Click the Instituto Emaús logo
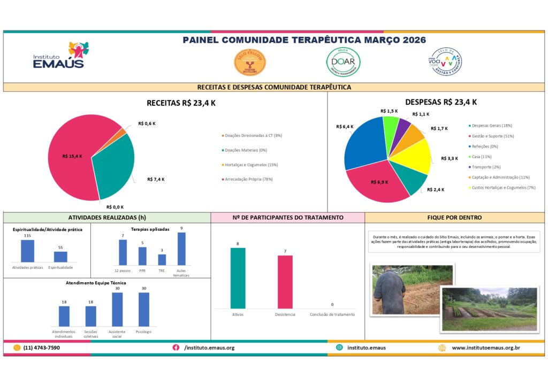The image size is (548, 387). click(59, 56)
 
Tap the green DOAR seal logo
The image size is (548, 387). click(343, 62)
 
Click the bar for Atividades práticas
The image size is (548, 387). click(27, 251)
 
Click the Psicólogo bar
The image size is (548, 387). click(144, 309)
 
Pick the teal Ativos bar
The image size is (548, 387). click(238, 278)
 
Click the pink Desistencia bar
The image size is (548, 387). click(285, 282)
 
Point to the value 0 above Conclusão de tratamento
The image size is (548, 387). click(332, 304)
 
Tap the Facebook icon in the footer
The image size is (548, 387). click(176, 348)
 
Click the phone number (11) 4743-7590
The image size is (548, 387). click(41, 348)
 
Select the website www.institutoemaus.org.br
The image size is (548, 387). click(486, 348)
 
